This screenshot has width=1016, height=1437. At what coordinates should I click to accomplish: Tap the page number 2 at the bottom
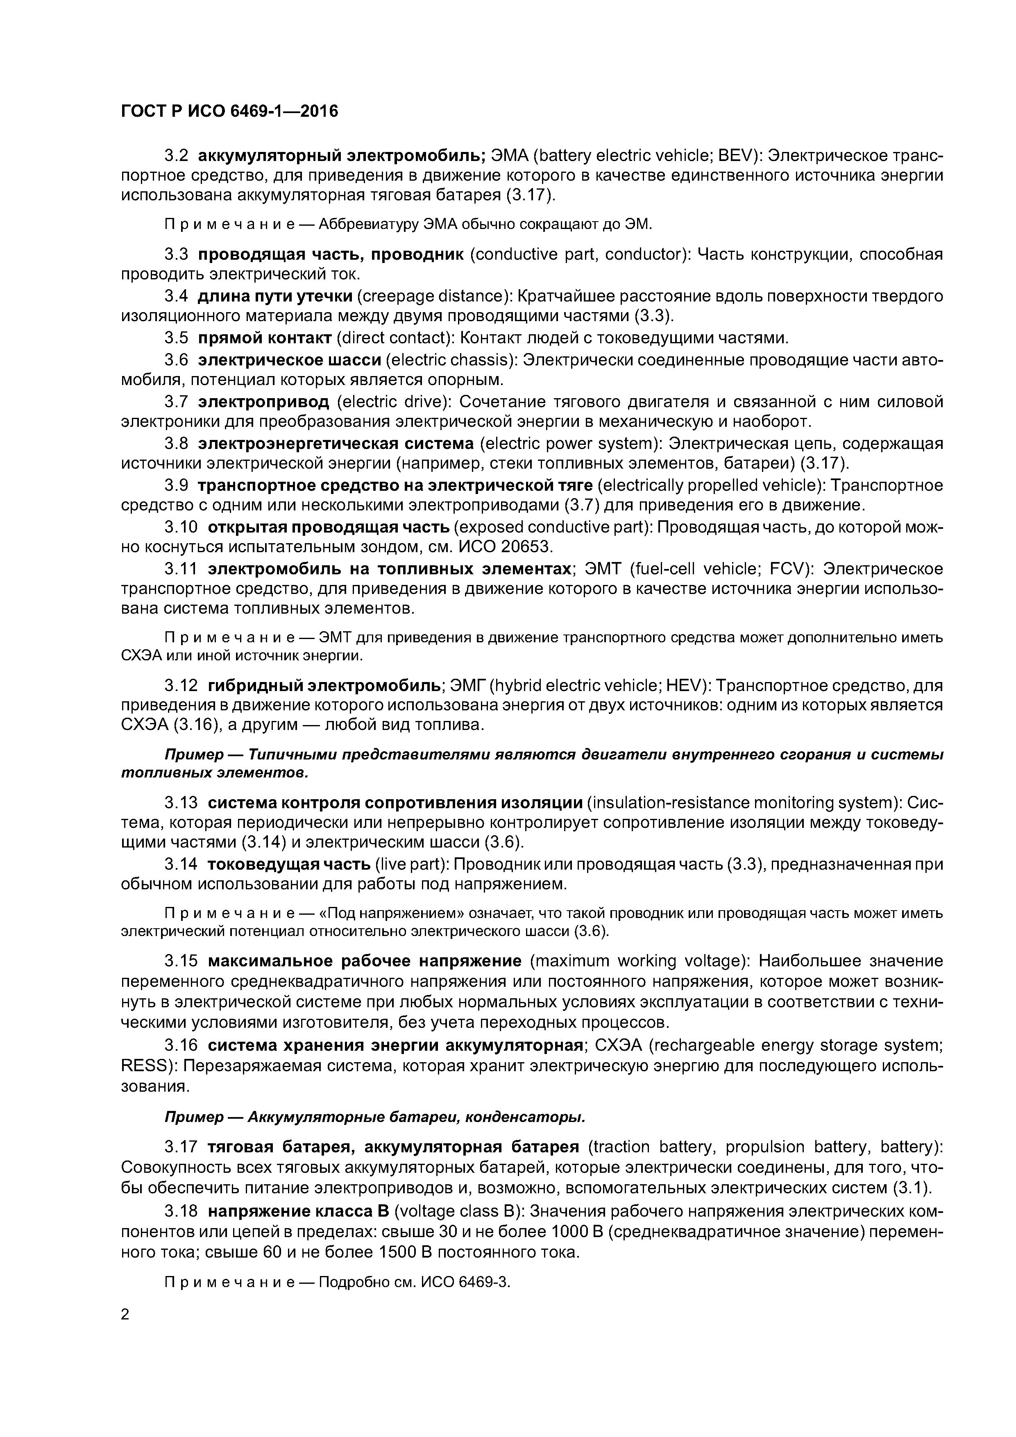125,1315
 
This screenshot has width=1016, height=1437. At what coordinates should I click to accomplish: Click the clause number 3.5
176,339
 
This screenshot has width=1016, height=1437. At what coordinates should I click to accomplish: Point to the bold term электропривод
263,401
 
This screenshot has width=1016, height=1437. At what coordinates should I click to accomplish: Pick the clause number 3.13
181,803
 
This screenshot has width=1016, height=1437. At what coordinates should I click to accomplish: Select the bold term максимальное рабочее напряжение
364,961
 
